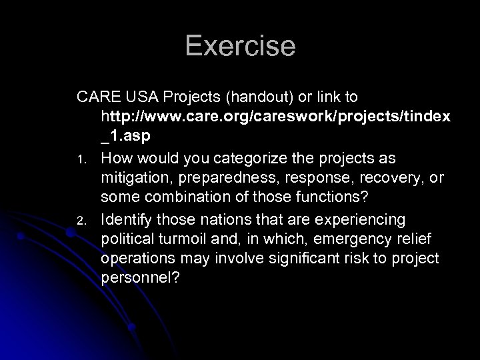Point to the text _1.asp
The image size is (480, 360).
pos(127,136)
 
